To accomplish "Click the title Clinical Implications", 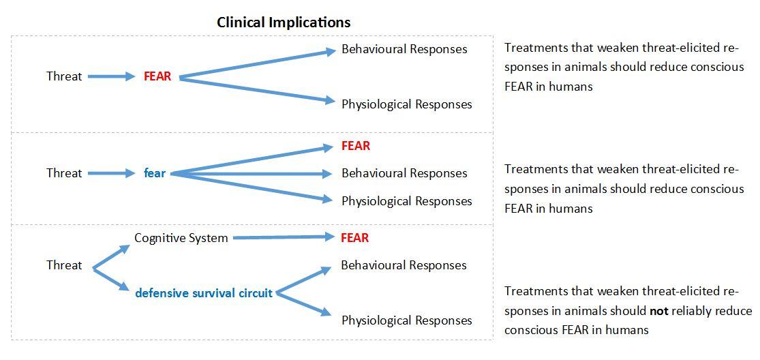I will coord(284,22).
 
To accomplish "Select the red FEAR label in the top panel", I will coord(157,76).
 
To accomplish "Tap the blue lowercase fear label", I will coord(155,173).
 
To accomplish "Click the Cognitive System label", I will coord(181,238).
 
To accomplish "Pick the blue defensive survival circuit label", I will coord(204,293).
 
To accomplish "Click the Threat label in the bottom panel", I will coord(64,265).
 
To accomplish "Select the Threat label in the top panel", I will coord(64,76).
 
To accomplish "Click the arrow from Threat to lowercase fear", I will coord(112,173).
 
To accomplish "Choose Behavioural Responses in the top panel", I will coord(404,49).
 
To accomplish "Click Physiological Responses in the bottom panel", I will coord(406,320).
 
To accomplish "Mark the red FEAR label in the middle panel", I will coord(356,146).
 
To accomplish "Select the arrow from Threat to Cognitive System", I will coord(111,258).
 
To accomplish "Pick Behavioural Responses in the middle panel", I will coord(404,173).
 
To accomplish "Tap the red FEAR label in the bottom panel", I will coord(355,238).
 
